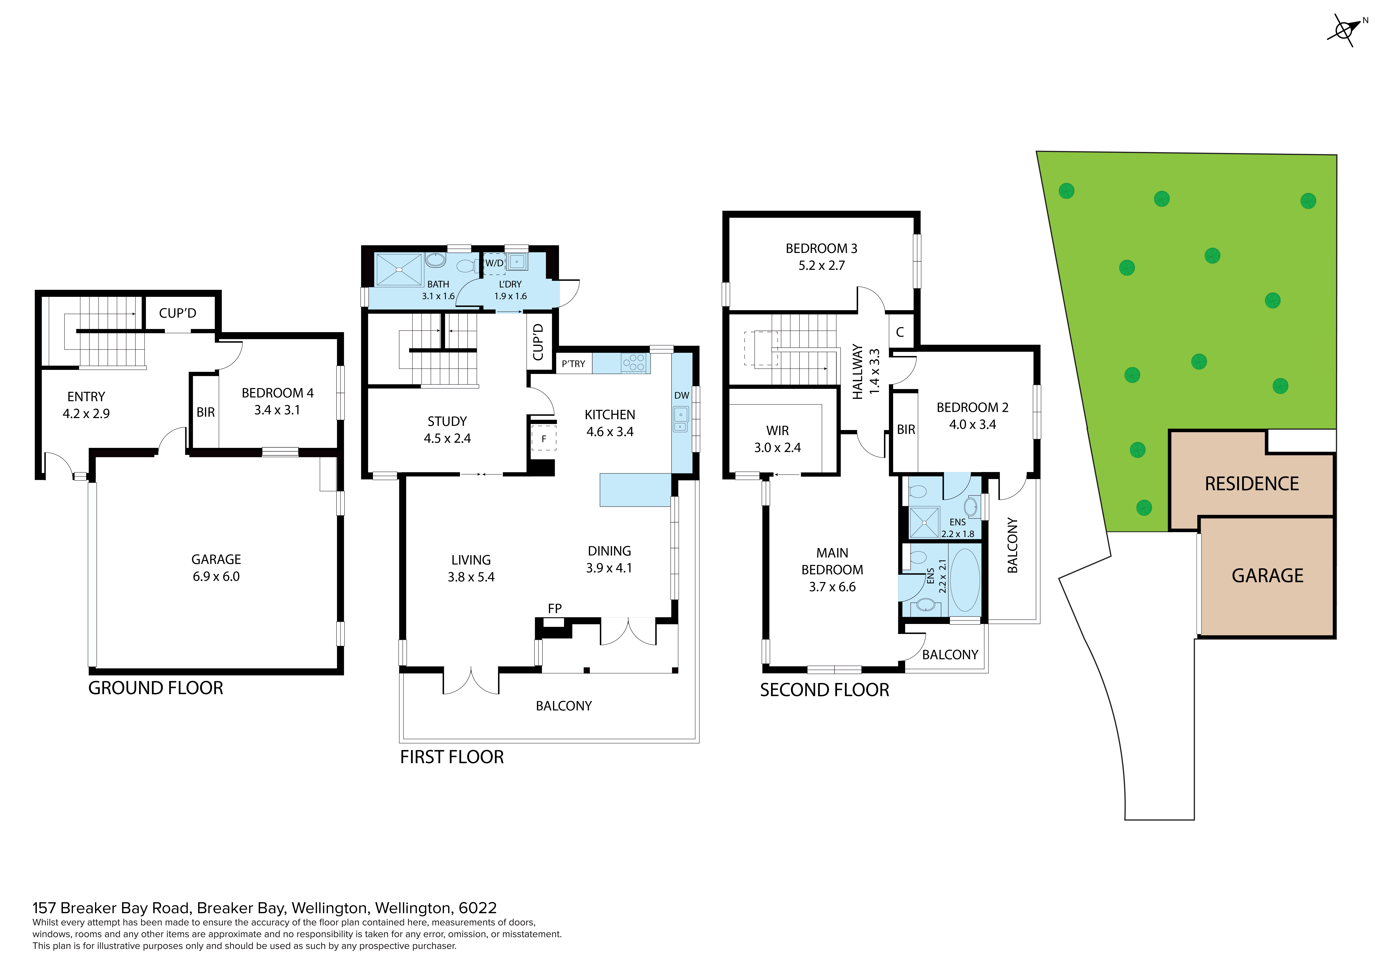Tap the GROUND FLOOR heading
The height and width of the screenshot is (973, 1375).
point(156,688)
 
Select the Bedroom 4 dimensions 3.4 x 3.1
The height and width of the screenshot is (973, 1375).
point(277,410)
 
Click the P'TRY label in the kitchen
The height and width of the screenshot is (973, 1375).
point(573,364)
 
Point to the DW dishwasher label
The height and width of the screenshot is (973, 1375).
point(681,396)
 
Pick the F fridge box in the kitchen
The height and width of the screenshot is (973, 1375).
point(544,439)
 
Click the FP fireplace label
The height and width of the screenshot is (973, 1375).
point(555,609)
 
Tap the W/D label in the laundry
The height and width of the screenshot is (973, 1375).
point(494,263)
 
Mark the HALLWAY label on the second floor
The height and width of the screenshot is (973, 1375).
point(858,371)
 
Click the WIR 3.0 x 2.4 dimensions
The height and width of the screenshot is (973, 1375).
point(777,447)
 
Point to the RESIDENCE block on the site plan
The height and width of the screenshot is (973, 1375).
point(1252,484)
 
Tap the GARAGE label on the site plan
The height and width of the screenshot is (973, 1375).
point(1267,576)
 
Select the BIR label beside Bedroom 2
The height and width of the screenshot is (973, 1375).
point(905,430)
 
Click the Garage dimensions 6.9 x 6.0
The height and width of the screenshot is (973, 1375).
point(216,576)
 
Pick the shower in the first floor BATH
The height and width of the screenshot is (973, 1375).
point(399,270)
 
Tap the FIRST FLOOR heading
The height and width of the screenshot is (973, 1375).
point(452,757)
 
